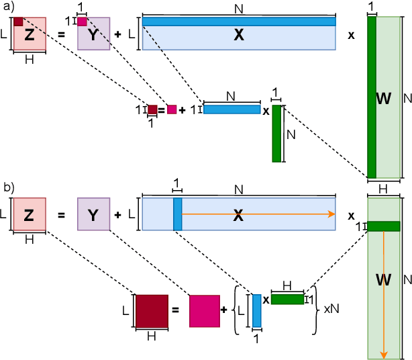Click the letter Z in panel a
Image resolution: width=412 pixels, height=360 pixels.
[29, 36]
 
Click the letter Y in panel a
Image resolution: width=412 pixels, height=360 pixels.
[93, 36]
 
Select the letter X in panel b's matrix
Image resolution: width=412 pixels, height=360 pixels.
[238, 215]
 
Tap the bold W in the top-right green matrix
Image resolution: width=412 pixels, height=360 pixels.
[384, 99]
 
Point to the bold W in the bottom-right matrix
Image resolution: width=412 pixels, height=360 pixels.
[384, 277]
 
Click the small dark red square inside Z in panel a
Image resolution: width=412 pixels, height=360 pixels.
[18, 22]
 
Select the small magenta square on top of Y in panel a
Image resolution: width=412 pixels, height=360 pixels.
[82, 21]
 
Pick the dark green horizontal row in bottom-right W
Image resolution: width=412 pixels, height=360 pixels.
[384, 226]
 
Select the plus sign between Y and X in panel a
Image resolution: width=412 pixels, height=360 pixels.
[118, 35]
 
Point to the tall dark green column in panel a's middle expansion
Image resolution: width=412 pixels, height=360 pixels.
[276, 133]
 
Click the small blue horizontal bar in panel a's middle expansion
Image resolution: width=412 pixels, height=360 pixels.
[231, 109]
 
